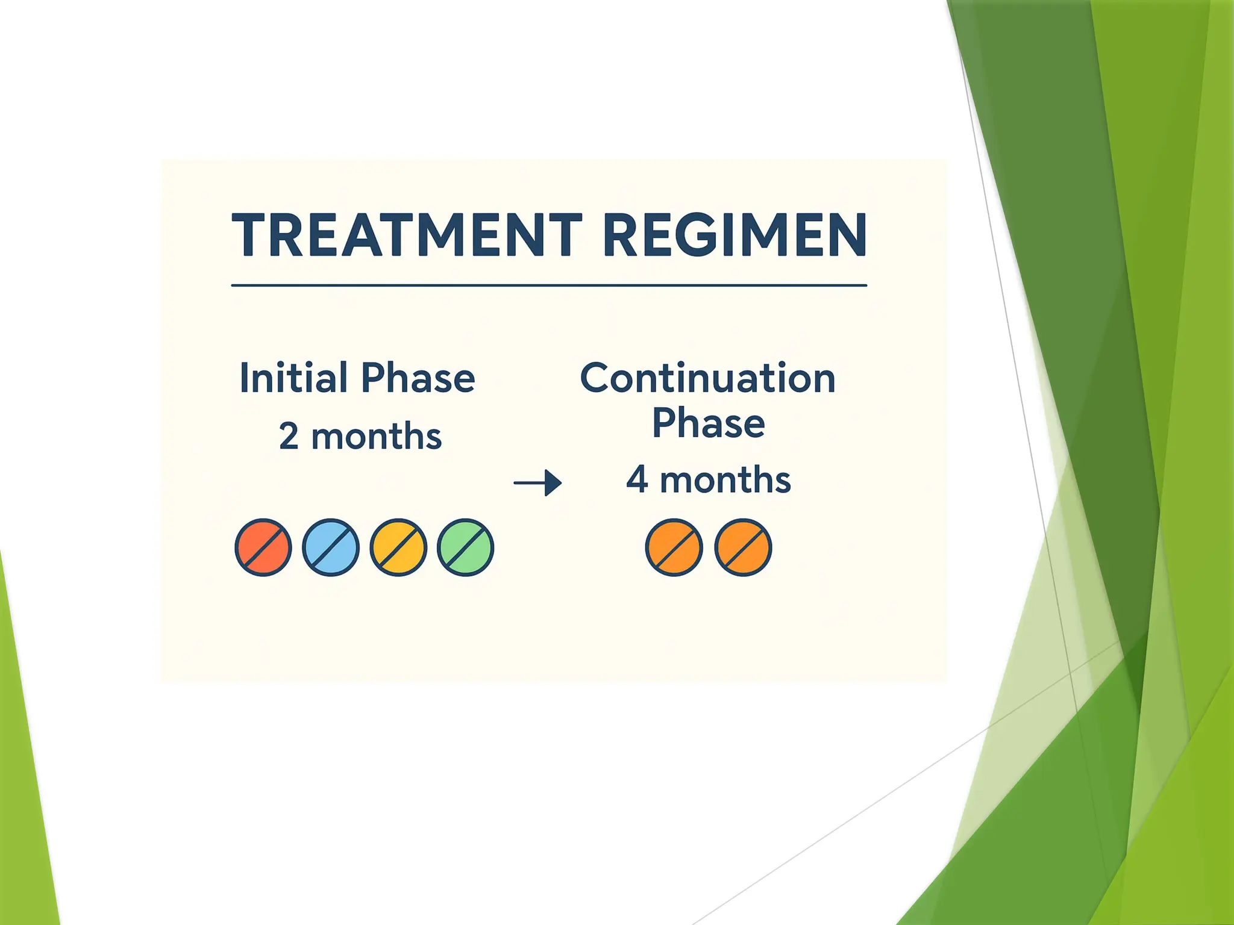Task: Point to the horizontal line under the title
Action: pyautogui.click(x=548, y=285)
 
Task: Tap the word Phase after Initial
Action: pyautogui.click(x=418, y=378)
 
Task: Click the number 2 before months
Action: pyautogui.click(x=289, y=437)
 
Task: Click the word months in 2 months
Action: pyautogui.click(x=377, y=437)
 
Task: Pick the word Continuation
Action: pyautogui.click(x=707, y=378)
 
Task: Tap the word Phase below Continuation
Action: pyautogui.click(x=708, y=423)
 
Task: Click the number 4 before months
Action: pyautogui.click(x=637, y=480)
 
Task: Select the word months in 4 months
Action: pyautogui.click(x=725, y=480)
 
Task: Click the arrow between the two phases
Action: pyautogui.click(x=537, y=483)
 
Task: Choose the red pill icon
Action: pyautogui.click(x=263, y=547)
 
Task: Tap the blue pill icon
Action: pyautogui.click(x=330, y=547)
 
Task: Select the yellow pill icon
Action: pyautogui.click(x=398, y=547)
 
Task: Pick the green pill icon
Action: pyautogui.click(x=465, y=547)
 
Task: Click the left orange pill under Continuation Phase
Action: pyautogui.click(x=674, y=547)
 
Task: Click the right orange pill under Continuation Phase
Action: pyautogui.click(x=743, y=547)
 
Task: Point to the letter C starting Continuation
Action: pyautogui.click(x=597, y=378)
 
